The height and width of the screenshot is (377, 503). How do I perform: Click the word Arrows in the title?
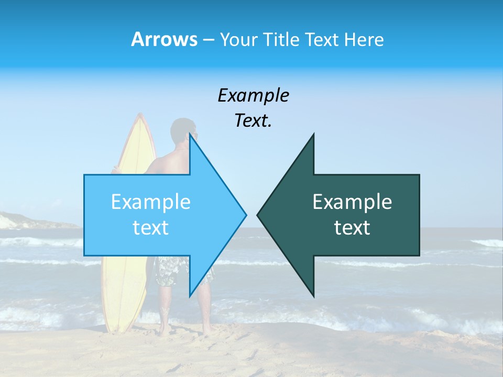tap(164, 39)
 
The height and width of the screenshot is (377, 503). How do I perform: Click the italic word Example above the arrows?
tap(253, 95)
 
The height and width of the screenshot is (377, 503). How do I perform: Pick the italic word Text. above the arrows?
tap(253, 121)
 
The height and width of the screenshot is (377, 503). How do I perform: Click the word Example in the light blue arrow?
tap(151, 202)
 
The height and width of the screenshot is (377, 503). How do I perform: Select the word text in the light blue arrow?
tap(151, 227)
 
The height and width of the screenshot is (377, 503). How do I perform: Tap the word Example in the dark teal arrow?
tap(352, 202)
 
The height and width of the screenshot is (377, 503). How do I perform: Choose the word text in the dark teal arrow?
tap(352, 227)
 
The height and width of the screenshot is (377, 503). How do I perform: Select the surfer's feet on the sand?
tap(183, 331)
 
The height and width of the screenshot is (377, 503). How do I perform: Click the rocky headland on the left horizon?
tap(21, 220)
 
